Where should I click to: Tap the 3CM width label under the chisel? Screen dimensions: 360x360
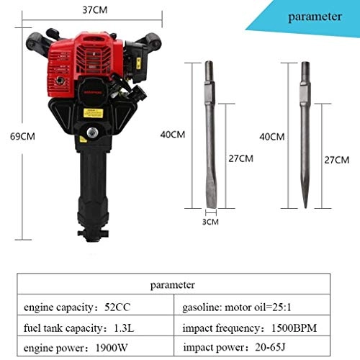coord(210,222)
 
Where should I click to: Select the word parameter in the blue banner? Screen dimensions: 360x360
coord(315,17)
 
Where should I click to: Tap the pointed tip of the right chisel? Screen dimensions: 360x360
coord(305,206)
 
